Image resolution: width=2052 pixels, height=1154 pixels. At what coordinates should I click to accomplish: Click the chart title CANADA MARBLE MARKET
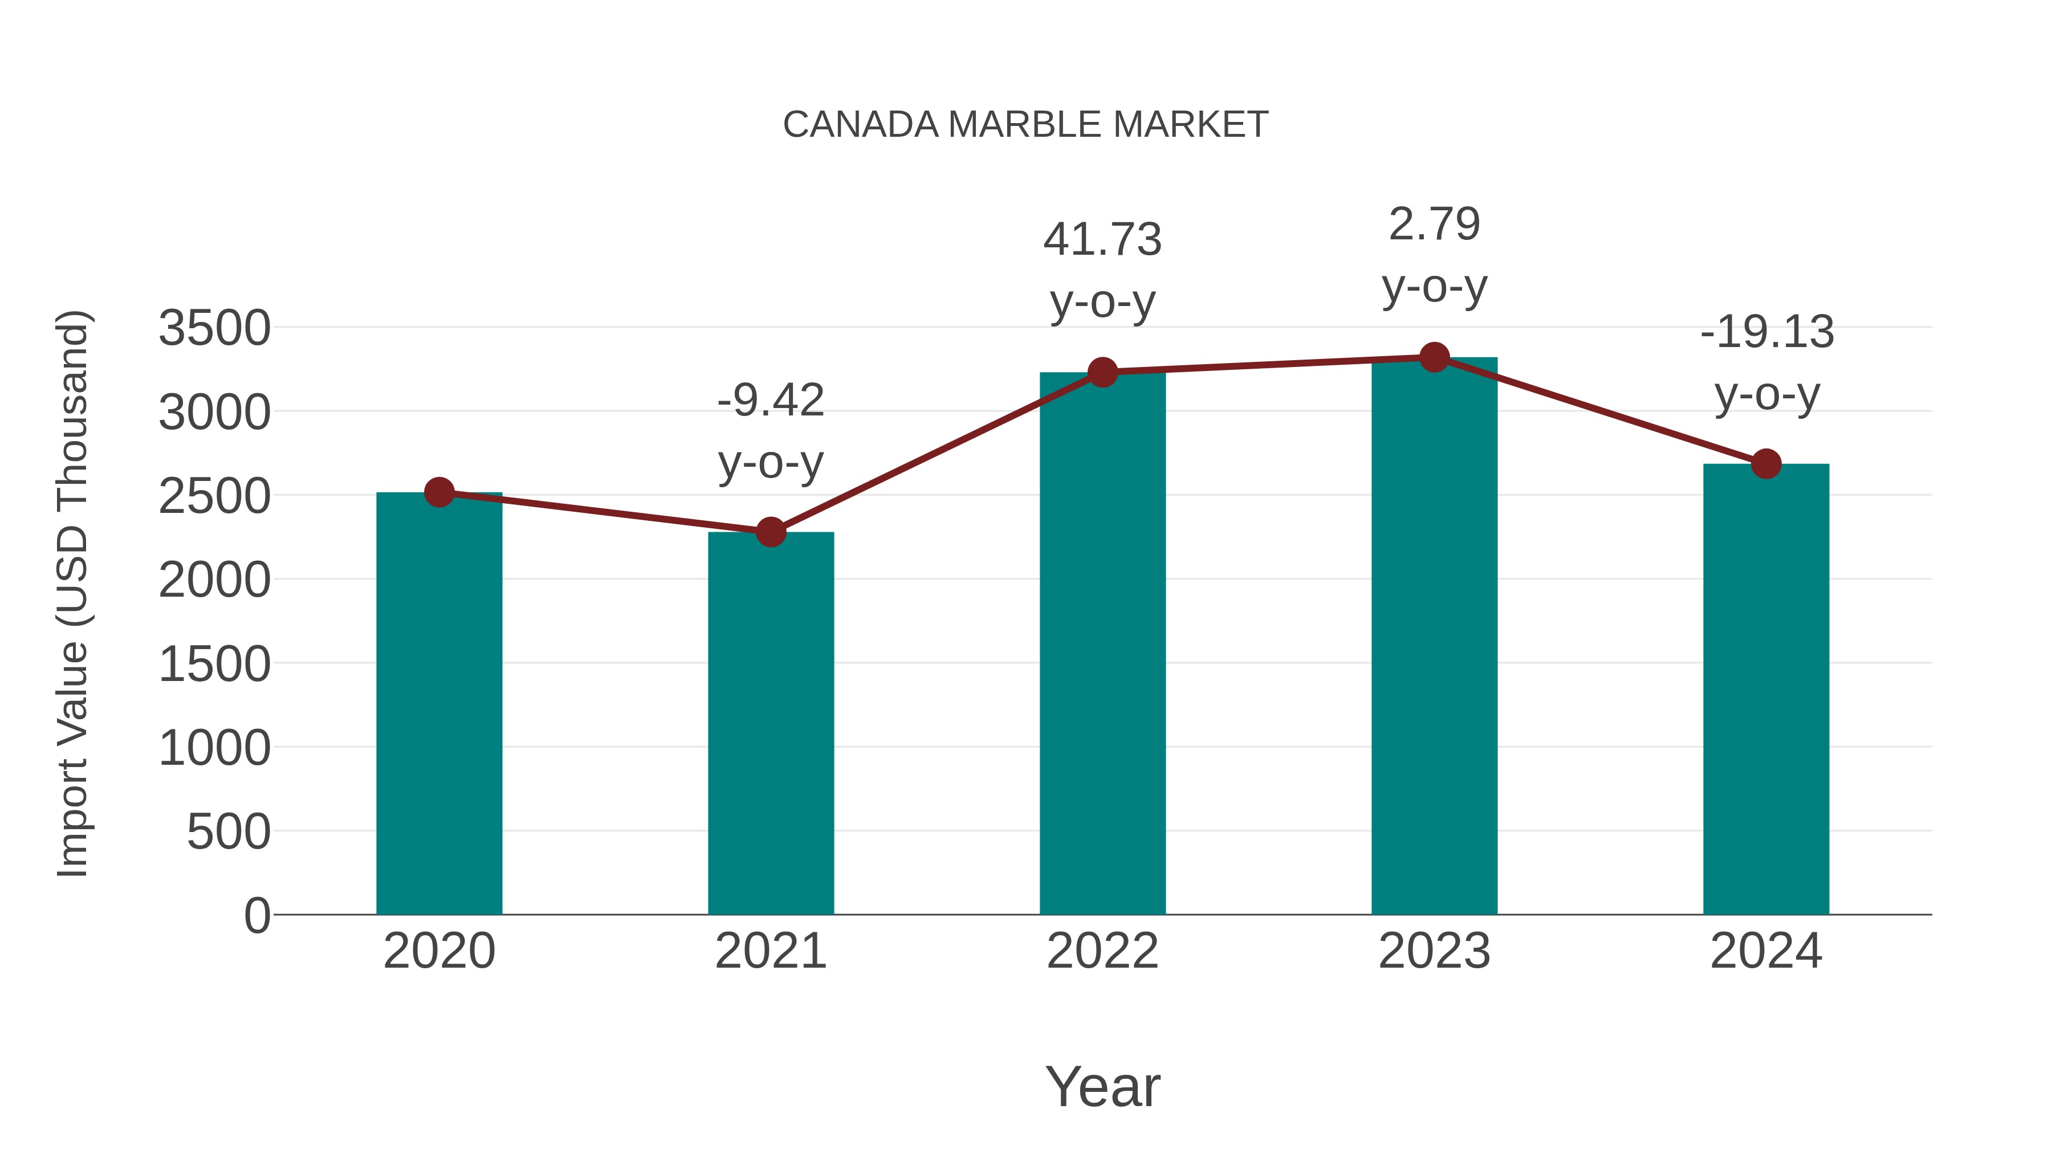[x=1025, y=125]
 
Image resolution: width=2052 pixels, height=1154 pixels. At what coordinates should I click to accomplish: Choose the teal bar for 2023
[x=1434, y=637]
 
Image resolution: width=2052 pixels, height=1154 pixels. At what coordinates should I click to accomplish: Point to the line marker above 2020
[x=439, y=492]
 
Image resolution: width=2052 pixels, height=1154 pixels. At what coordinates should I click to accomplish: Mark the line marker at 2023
[x=1434, y=357]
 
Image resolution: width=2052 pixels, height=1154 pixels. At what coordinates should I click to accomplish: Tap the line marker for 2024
[x=1766, y=463]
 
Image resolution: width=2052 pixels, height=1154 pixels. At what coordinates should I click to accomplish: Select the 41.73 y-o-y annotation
[x=1102, y=270]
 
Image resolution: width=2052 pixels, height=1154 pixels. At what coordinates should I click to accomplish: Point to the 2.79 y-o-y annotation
[x=1434, y=255]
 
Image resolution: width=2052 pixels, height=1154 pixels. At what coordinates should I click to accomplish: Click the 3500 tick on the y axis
[x=214, y=328]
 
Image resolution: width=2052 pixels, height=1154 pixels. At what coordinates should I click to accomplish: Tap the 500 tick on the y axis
[x=229, y=832]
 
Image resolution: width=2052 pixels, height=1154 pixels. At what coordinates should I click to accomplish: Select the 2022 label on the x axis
[x=1102, y=951]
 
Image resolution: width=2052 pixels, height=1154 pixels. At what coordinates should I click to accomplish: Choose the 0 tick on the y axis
[x=257, y=916]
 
